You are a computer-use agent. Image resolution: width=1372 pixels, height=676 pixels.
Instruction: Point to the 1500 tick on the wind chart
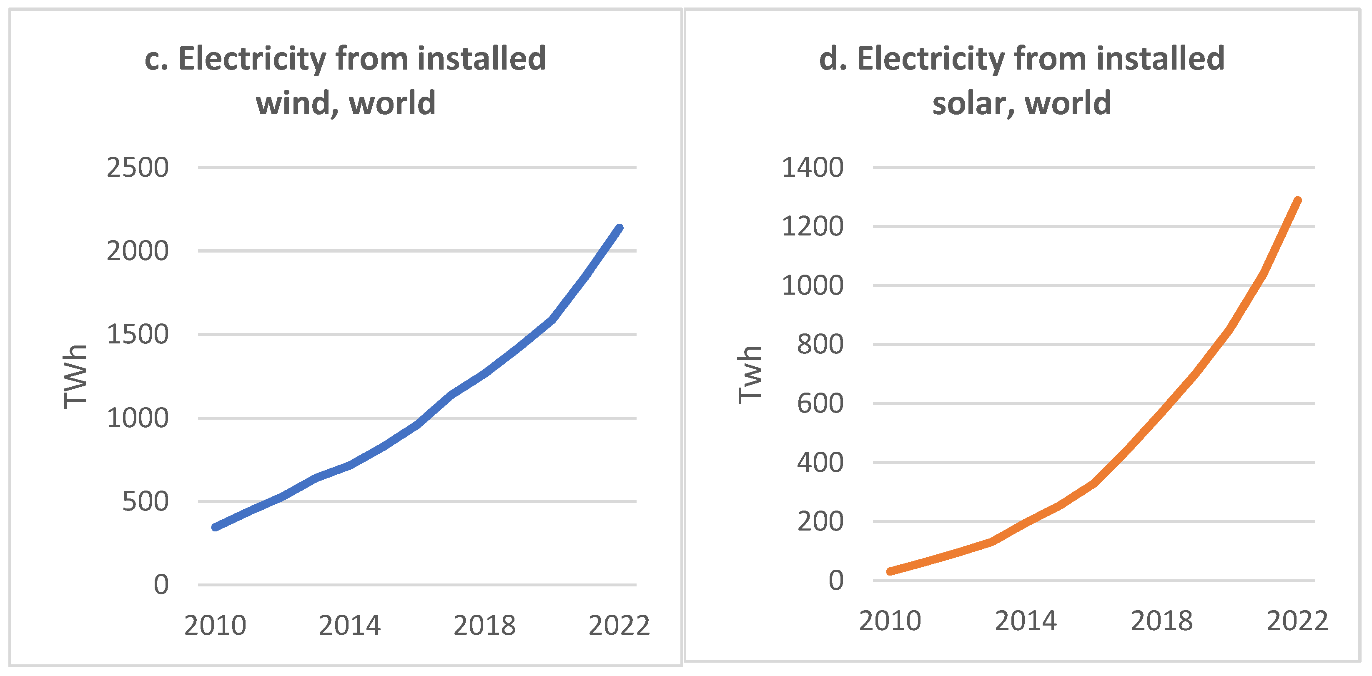click(138, 335)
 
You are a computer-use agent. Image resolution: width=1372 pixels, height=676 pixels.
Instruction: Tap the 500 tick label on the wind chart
click(145, 502)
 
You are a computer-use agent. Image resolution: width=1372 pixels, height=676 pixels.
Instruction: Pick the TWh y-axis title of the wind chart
click(75, 376)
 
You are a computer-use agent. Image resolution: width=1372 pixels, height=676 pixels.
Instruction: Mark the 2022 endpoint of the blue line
click(619, 228)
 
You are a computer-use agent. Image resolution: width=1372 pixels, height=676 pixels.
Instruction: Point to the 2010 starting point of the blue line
click(215, 527)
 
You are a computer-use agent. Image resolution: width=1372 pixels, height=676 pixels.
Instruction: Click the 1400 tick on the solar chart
click(812, 168)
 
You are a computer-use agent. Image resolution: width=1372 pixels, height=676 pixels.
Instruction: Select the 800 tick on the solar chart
click(820, 344)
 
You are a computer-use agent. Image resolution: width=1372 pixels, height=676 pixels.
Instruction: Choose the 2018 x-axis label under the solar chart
click(1161, 621)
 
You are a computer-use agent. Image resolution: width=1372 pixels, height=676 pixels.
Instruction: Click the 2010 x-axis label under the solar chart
click(890, 621)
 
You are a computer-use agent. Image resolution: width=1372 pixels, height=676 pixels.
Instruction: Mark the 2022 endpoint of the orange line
click(1297, 201)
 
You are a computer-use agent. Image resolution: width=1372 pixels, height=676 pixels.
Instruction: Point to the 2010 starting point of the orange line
click(890, 571)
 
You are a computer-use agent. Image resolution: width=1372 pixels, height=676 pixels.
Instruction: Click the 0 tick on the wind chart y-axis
click(161, 585)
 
